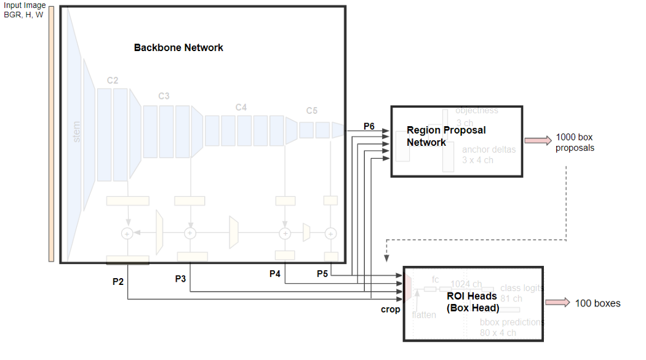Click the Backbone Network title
pos(178,47)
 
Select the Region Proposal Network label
pos(446,136)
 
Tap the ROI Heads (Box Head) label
pos(471,302)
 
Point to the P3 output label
pos(180,279)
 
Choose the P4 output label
pos(275,274)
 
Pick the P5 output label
pos(322,274)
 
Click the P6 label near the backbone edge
pos(369,126)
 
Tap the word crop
pos(390,310)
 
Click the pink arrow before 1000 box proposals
pos(538,141)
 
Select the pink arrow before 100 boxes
pos(557,302)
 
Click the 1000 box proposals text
pos(575,143)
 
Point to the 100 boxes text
pos(597,303)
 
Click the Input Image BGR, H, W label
pos(25,10)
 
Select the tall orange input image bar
pos(51,135)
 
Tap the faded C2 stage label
pos(113,80)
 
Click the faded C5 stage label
pos(312,111)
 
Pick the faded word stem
pos(77,132)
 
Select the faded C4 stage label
pos(241,107)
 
